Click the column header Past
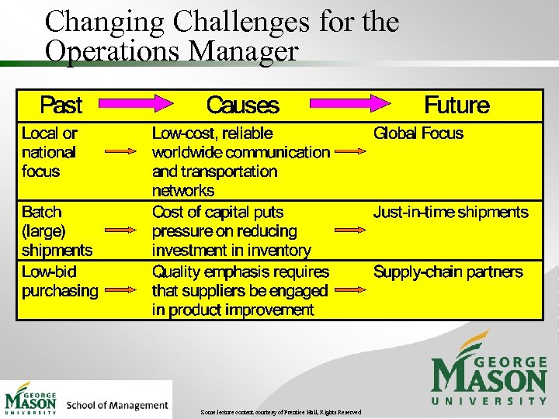click(61, 105)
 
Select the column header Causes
click(242, 105)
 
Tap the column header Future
click(457, 105)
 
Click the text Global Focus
click(418, 133)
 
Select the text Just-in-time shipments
click(450, 212)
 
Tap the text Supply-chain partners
click(448, 272)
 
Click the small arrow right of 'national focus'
click(120, 152)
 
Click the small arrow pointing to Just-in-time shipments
click(349, 230)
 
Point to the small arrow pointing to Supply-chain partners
click(349, 289)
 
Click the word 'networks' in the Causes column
click(183, 191)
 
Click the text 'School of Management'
click(117, 405)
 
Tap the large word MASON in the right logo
click(489, 379)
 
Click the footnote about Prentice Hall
click(280, 412)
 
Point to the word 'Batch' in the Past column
click(42, 212)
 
